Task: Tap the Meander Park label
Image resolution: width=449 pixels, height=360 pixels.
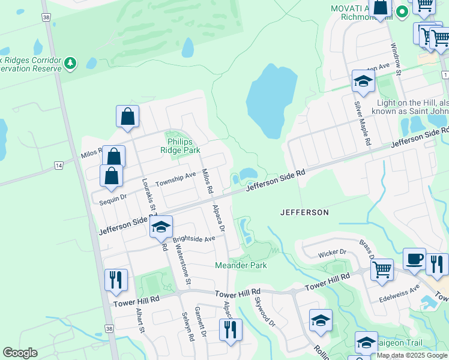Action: (241, 265)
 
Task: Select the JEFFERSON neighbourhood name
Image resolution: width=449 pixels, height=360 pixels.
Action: (304, 212)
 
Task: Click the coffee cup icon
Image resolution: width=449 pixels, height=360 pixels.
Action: (414, 259)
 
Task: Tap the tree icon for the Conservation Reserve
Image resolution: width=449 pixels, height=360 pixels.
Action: (71, 63)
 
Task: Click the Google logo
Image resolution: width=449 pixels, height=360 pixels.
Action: (20, 353)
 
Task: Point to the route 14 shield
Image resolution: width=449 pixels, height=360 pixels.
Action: (58, 165)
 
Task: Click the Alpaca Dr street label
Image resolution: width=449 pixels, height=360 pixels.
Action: (218, 219)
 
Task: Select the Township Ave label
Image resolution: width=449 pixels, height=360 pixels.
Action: (176, 178)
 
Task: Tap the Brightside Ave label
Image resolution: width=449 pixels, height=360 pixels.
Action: (193, 239)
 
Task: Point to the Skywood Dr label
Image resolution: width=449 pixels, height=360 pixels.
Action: (264, 311)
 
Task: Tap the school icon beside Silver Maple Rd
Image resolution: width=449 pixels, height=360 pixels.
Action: (363, 82)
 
